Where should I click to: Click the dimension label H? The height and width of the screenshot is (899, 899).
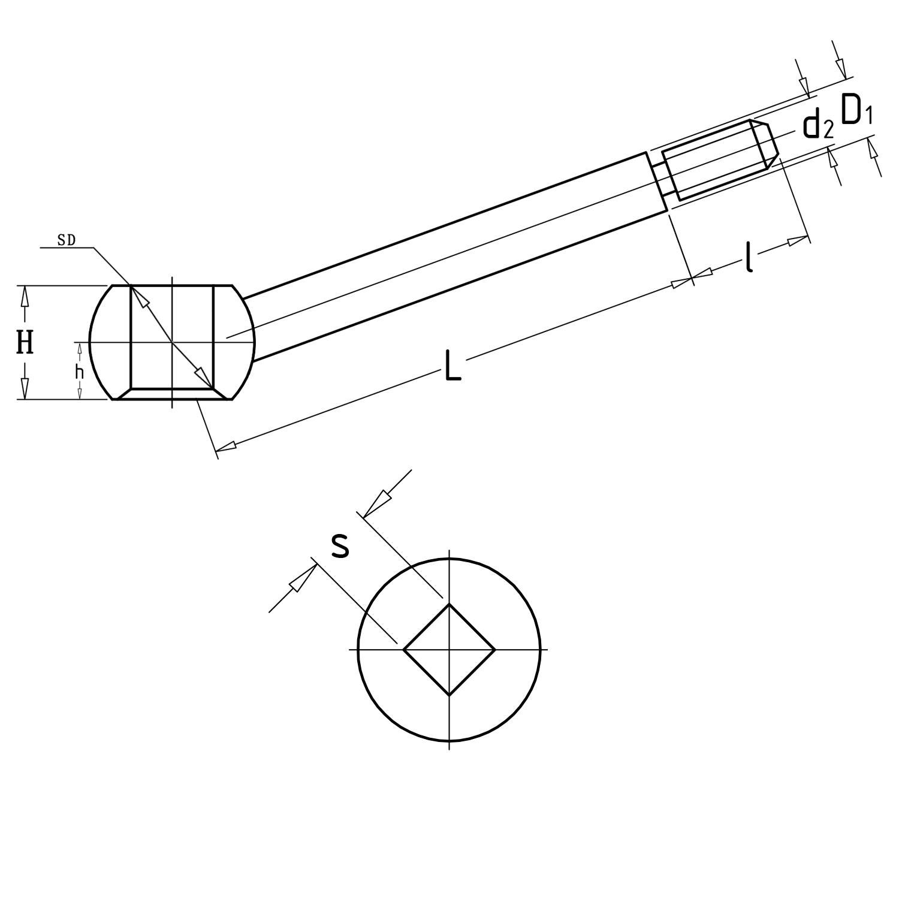[25, 343]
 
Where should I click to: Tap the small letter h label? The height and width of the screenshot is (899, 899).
[79, 372]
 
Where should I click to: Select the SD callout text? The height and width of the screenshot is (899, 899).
[66, 240]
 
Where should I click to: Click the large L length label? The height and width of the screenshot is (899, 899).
[453, 366]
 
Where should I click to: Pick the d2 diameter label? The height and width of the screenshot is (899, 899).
[818, 126]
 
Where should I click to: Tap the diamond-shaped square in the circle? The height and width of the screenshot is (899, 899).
[450, 650]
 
